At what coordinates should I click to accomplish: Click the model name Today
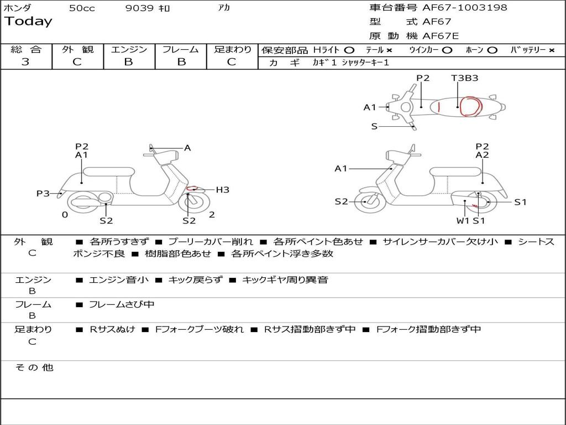tap(28, 22)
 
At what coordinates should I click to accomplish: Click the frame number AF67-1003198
tap(464, 7)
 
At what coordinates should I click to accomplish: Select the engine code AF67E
tap(441, 36)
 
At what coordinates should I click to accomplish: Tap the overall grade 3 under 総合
tap(25, 62)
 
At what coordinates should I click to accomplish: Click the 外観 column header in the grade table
tap(77, 49)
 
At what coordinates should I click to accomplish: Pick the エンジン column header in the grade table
tap(129, 49)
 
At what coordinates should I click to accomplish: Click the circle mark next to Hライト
tap(349, 50)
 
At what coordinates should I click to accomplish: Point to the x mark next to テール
tap(389, 50)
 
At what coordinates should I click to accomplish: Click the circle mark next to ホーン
tap(492, 50)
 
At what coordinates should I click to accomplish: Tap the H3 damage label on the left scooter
tap(222, 190)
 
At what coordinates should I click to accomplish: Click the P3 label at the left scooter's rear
tap(43, 194)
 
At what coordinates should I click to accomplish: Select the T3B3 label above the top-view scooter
tap(464, 78)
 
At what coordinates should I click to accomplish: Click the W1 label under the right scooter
tap(463, 220)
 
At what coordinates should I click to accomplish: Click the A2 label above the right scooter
tap(482, 155)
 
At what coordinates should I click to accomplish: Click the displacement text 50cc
tap(82, 8)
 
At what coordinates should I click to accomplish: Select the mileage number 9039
tap(139, 8)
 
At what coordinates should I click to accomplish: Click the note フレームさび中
tap(122, 305)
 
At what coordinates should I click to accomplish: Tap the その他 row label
tap(34, 367)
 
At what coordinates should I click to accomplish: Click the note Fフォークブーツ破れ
tap(200, 330)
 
